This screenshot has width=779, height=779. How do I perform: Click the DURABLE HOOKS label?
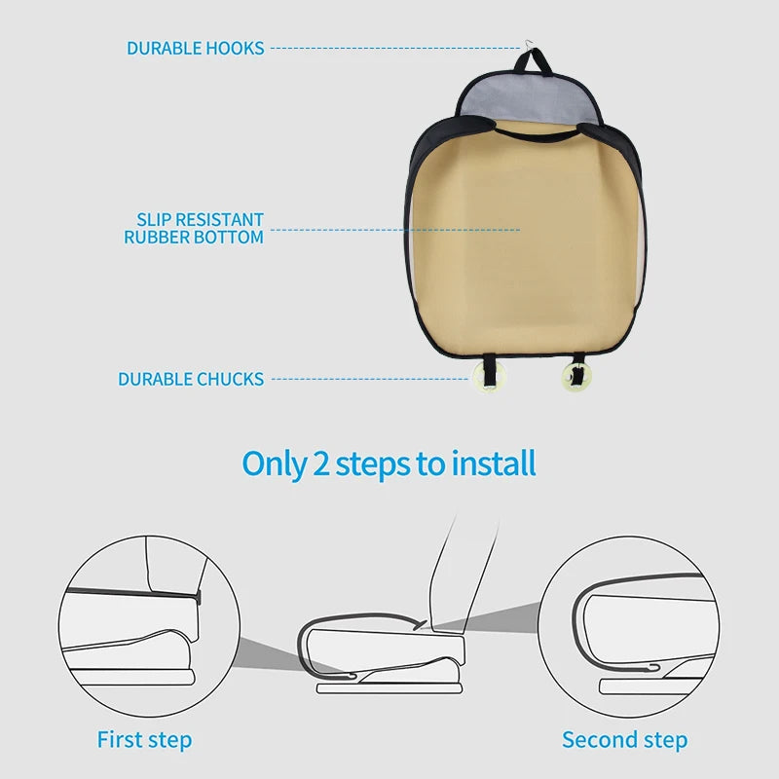tap(195, 48)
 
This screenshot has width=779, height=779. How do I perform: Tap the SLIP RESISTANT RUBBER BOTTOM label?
tap(194, 229)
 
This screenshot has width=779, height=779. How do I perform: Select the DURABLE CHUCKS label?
tap(191, 379)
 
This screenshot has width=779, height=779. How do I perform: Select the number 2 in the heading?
tap(320, 464)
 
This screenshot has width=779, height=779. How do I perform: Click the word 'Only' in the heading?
tap(274, 464)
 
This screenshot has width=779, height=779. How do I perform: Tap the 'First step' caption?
tap(144, 740)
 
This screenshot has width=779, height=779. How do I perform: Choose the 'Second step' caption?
tap(624, 740)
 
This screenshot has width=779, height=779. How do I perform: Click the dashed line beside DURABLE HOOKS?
tap(394, 48)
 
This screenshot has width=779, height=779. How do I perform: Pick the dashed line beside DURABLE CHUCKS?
tap(370, 379)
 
